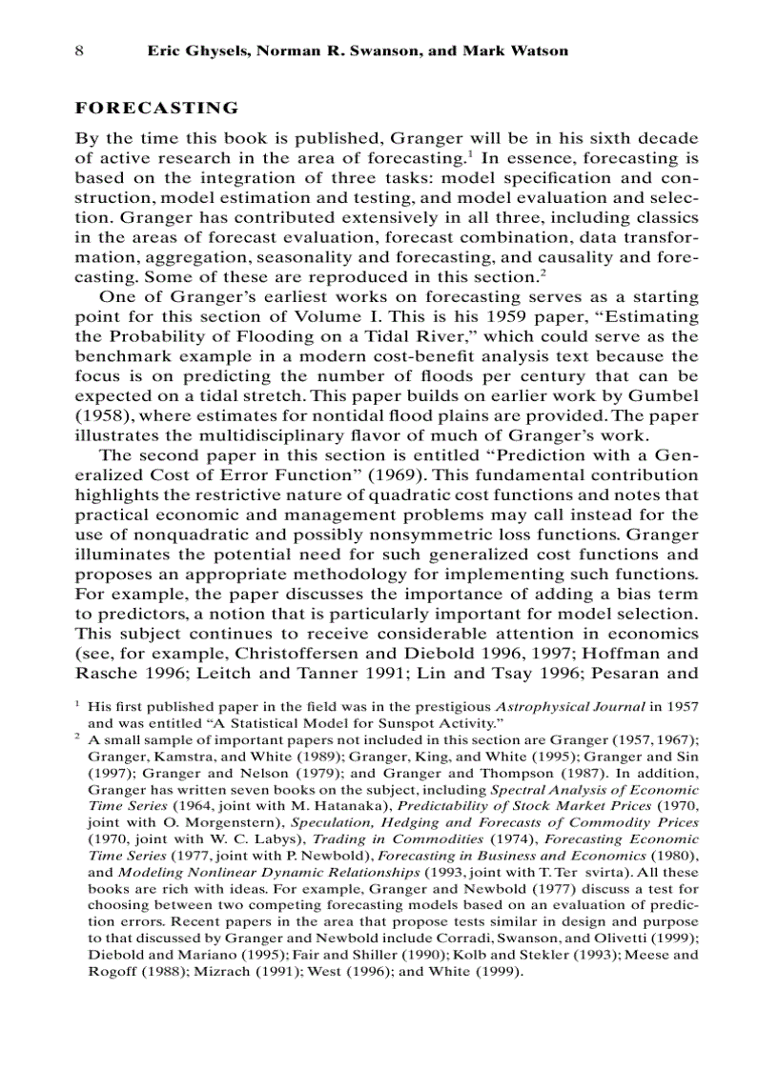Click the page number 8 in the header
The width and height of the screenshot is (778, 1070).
[x=80, y=50]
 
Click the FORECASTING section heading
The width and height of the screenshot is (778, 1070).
[x=156, y=108]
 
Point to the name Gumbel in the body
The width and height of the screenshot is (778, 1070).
[x=665, y=395]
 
